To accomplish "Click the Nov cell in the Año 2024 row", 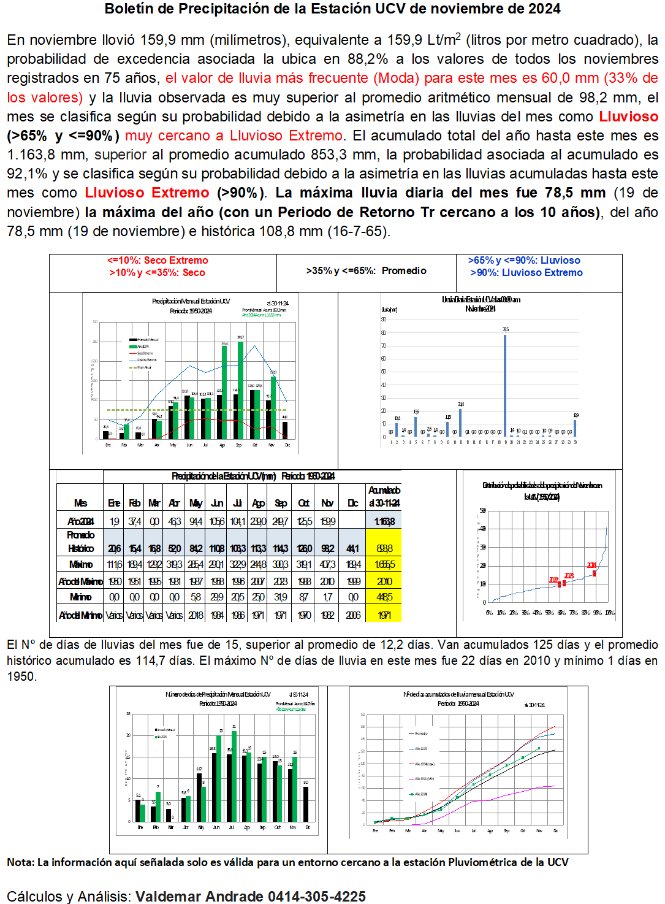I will [328, 521].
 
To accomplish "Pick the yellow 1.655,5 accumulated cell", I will [384, 564].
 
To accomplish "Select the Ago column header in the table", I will [258, 504].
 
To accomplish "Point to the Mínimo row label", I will [80, 597].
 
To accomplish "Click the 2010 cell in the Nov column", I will [328, 581].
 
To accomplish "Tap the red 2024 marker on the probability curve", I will [594, 573].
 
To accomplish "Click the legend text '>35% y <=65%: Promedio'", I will [366, 271].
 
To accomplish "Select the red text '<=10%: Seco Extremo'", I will [158, 261].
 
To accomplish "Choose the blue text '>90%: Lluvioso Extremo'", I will [526, 273].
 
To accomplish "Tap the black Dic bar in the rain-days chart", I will [306, 803].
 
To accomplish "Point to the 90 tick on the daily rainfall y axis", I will [384, 320].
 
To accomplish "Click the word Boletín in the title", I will [129, 9].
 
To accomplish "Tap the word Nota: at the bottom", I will [21, 862].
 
